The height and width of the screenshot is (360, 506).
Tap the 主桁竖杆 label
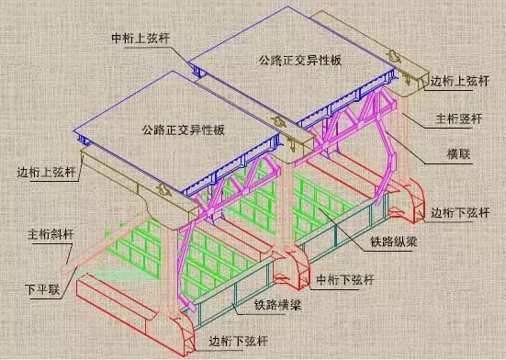point(457,118)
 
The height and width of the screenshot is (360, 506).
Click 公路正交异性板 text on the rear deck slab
point(287,62)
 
